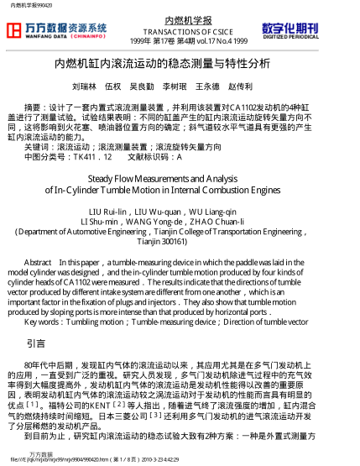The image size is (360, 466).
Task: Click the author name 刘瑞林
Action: click(84, 86)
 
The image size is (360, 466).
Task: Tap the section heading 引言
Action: click(36, 343)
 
